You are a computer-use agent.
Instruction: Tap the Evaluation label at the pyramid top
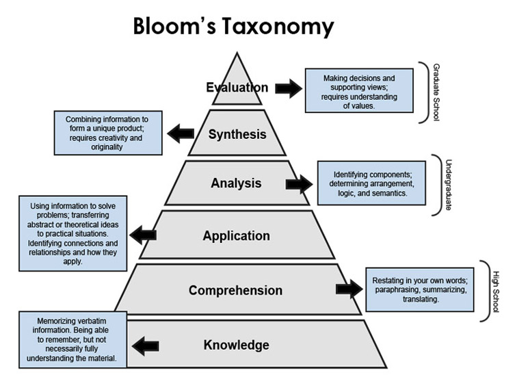point(237,88)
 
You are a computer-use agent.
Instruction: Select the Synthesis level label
point(237,134)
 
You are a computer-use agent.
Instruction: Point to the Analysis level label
point(236,183)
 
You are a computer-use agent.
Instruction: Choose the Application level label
point(236,236)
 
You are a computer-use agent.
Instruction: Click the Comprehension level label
point(235,290)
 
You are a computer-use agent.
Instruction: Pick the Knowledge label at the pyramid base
point(236,345)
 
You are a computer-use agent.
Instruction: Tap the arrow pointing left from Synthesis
point(181,133)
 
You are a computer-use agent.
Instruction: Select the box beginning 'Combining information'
point(109,133)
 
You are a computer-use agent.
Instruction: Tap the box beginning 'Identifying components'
point(370,183)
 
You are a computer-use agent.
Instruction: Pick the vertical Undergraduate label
point(448,185)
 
